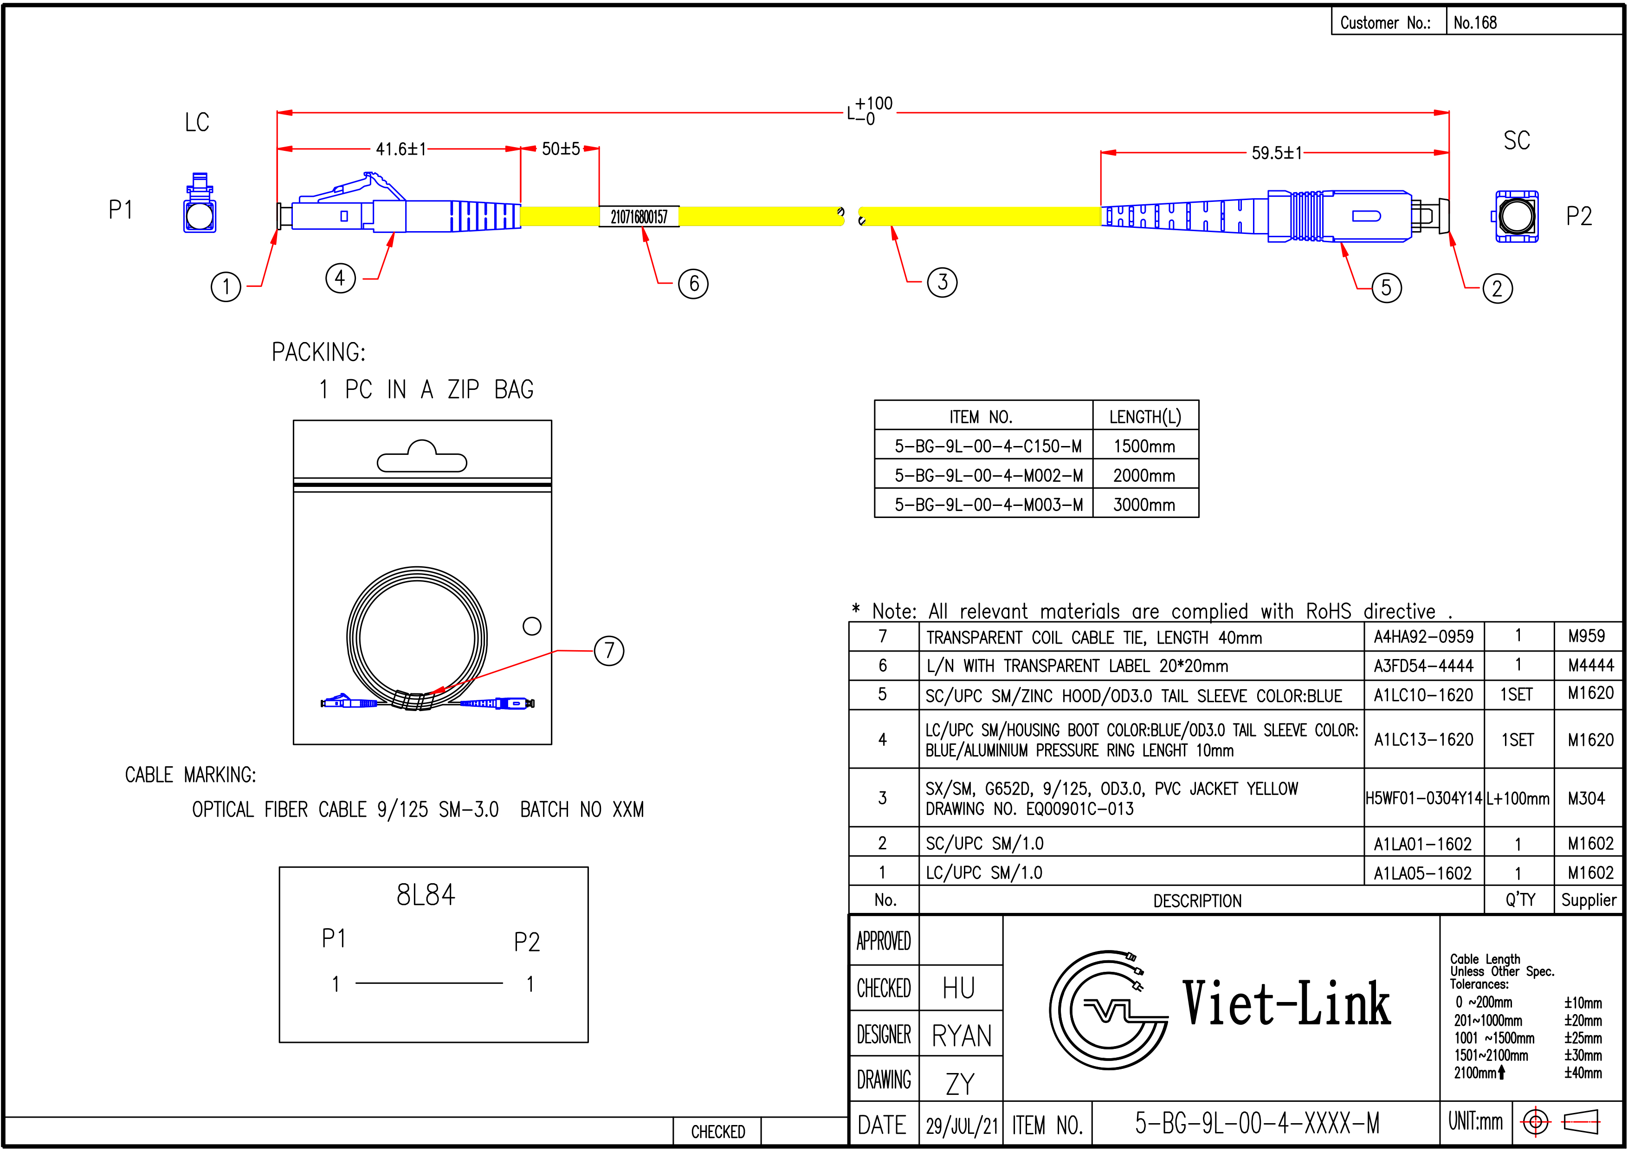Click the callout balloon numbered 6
693,284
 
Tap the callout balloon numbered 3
943,282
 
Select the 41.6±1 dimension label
401,149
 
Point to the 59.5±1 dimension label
1276,153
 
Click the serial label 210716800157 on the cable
639,216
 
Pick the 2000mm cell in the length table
1143,475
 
